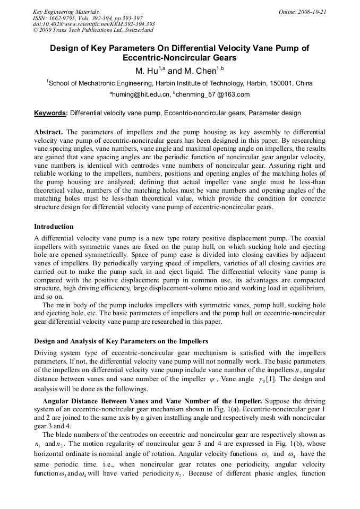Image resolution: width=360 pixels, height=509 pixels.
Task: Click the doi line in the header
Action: pos(93,24)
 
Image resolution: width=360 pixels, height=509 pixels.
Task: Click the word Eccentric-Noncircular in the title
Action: pos(179,58)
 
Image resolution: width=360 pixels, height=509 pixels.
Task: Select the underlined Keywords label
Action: pos(50,113)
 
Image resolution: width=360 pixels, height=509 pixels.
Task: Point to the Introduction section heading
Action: pos(54,227)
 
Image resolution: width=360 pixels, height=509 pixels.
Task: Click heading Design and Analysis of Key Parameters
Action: pos(121,341)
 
